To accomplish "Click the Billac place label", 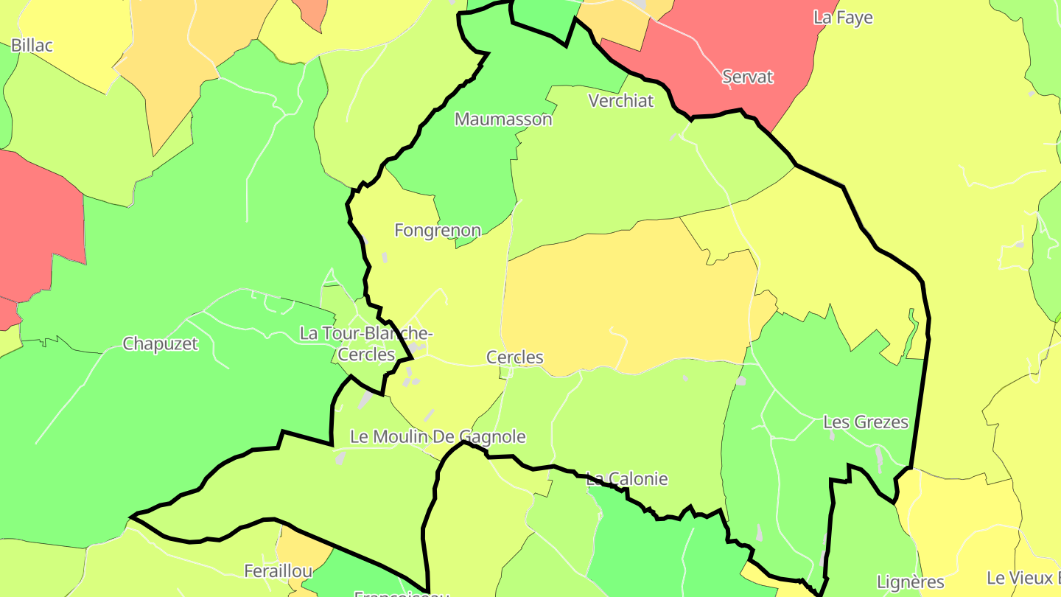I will [x=32, y=46].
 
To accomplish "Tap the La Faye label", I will [x=843, y=18].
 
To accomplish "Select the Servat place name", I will [x=747, y=77].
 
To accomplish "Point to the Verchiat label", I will [x=621, y=101].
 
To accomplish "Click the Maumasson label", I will [x=503, y=119].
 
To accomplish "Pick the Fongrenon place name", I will [x=438, y=230].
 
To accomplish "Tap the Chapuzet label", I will [x=160, y=343].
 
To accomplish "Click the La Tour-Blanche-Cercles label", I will [x=366, y=343].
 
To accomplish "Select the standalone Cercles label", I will [x=515, y=357].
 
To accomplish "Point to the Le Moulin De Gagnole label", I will [x=438, y=436].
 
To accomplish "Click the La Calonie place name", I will [x=627, y=479].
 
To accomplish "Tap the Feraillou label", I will [x=279, y=570].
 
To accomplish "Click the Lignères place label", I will [x=911, y=582].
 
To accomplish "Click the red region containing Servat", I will [x=707, y=44].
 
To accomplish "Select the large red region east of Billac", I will [x=37, y=221].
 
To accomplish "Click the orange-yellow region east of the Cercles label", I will [x=626, y=295].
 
